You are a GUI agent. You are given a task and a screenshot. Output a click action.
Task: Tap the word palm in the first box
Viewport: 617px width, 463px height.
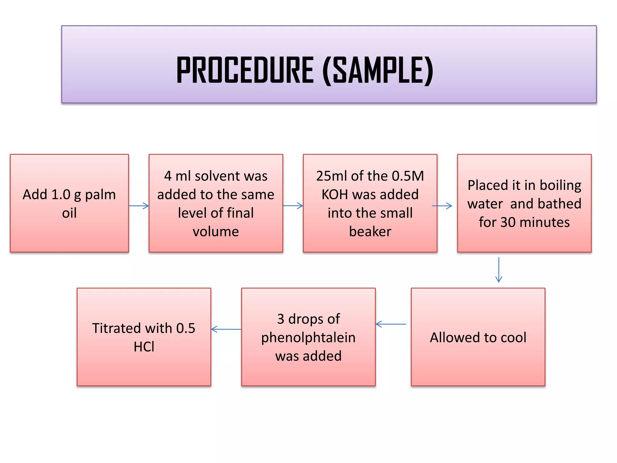[x=100, y=195]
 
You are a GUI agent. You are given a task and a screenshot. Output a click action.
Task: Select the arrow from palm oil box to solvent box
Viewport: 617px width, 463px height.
[x=139, y=206]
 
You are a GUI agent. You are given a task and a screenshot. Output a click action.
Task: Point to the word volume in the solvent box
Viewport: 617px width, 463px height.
[x=216, y=231]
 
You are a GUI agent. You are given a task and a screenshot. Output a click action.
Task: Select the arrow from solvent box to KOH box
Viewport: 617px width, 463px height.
[x=293, y=206]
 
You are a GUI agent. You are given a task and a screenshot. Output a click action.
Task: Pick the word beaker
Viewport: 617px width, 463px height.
[x=370, y=231]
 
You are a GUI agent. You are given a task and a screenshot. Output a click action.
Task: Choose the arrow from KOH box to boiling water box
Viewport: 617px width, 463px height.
[x=442, y=206]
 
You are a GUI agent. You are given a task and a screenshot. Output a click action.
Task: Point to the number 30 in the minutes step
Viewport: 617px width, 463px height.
[x=508, y=222]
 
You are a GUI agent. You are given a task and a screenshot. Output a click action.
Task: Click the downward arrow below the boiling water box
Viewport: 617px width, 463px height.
[x=499, y=270]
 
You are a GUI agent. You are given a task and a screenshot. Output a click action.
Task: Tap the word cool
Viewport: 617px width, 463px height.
[x=513, y=337]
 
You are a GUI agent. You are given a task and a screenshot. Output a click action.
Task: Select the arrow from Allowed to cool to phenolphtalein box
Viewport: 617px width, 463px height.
[x=391, y=324]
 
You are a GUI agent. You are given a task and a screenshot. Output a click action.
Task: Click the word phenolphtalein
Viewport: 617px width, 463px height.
[x=308, y=338]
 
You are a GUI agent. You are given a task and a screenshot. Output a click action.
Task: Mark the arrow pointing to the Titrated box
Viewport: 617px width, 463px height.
[x=226, y=329]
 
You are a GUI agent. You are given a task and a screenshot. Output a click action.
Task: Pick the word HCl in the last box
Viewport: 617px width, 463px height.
[x=144, y=347]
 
